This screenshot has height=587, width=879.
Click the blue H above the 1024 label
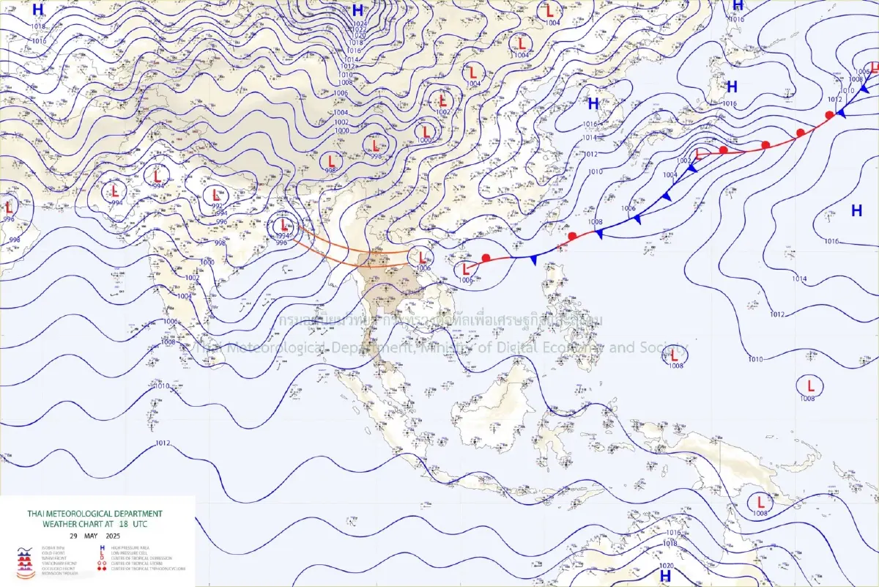[x=357, y=10]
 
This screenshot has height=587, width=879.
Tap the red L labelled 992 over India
[x=216, y=196]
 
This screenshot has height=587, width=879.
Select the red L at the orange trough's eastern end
[x=422, y=257]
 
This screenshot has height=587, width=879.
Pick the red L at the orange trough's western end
[x=284, y=225]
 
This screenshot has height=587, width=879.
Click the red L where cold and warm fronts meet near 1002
[x=698, y=155]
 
